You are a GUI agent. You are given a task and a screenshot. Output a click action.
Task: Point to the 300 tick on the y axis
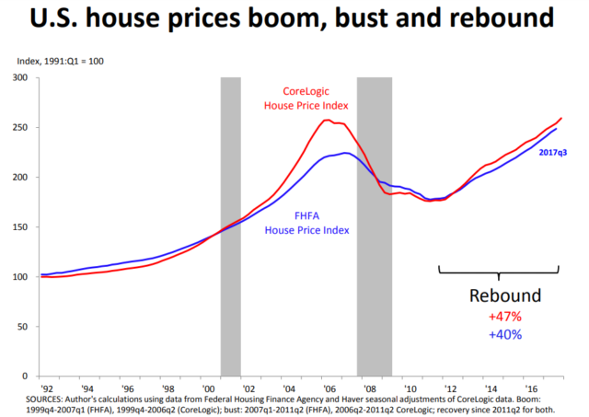tap(18, 77)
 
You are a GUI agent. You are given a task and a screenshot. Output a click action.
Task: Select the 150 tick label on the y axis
tap(18, 226)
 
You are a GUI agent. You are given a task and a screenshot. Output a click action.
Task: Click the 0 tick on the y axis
tap(25, 376)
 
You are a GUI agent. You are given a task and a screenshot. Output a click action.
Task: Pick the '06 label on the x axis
tap(328, 388)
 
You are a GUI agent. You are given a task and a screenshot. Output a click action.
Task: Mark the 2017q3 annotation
tap(552, 153)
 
